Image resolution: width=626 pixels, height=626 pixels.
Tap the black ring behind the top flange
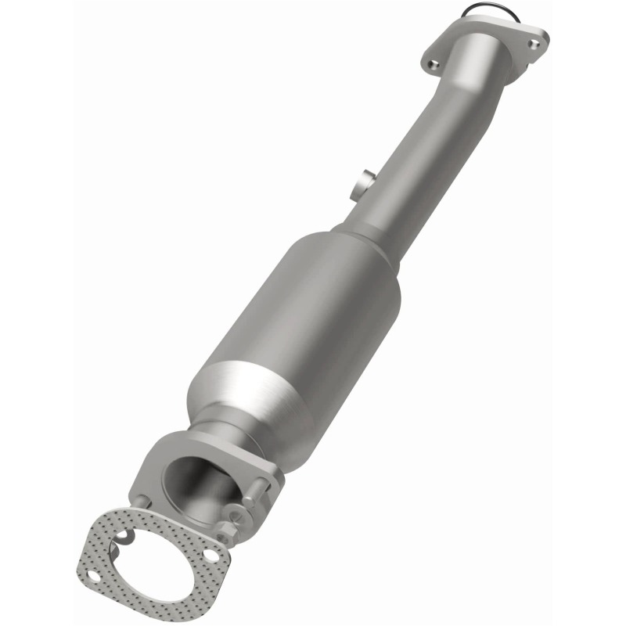(x=478, y=11)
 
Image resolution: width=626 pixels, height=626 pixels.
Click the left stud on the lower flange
(x=139, y=502)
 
